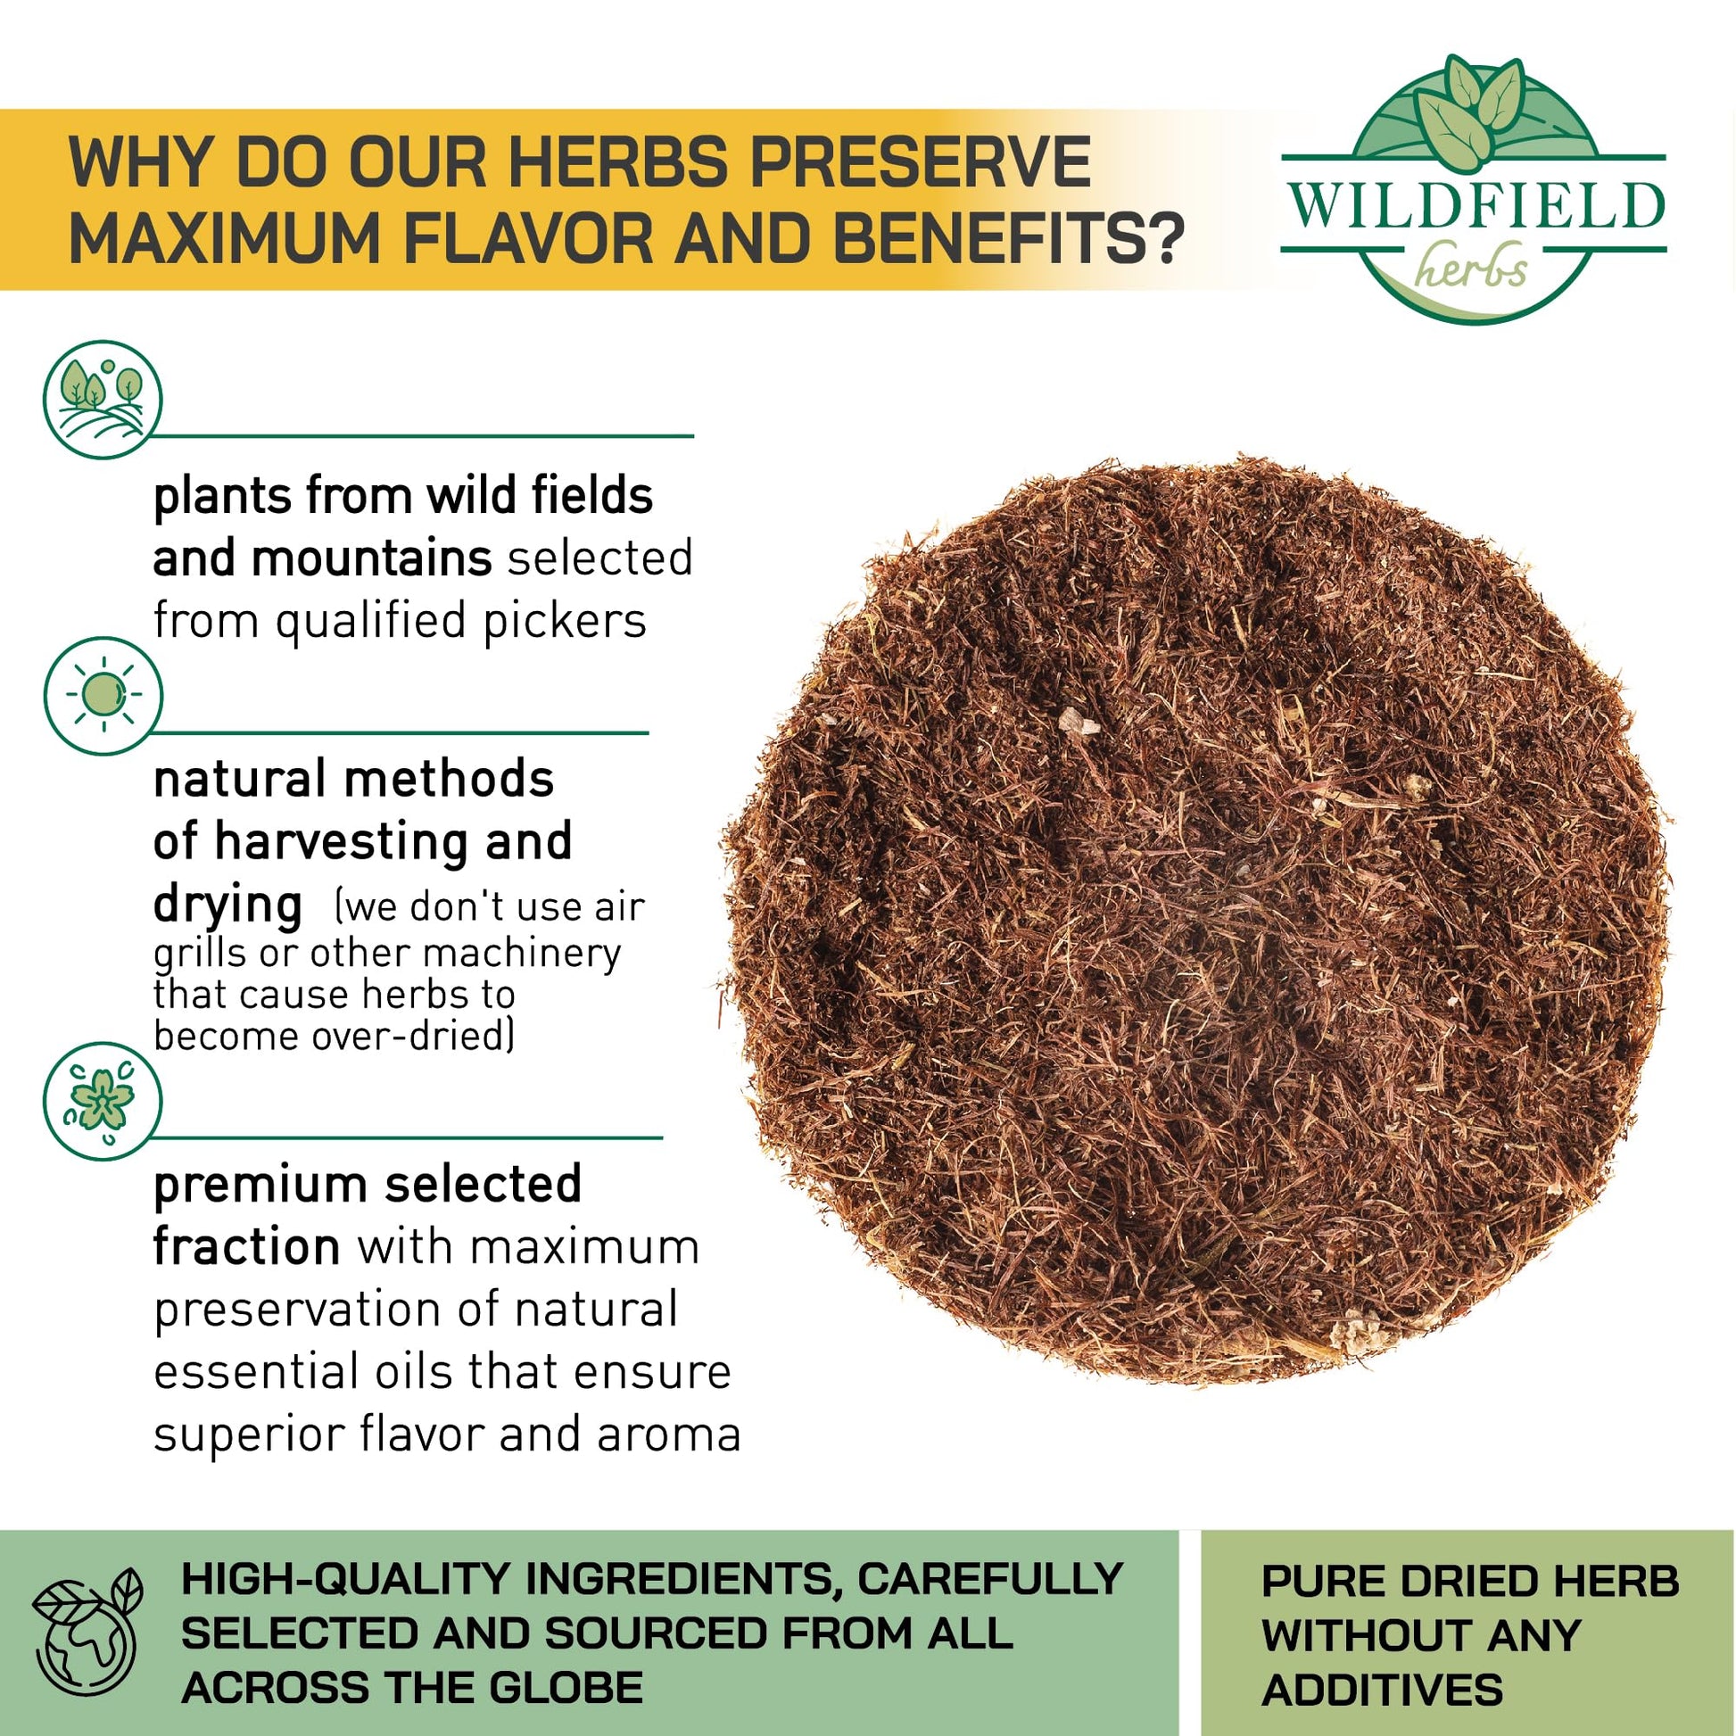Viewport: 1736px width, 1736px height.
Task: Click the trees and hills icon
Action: pos(103,399)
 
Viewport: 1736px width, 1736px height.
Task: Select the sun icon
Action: pos(103,696)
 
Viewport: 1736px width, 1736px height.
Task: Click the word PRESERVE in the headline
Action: pos(920,162)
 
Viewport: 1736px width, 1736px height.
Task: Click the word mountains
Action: pos(371,558)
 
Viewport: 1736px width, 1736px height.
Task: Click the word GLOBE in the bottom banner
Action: pos(566,1687)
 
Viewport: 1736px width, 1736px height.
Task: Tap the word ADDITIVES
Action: pos(1382,1690)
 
